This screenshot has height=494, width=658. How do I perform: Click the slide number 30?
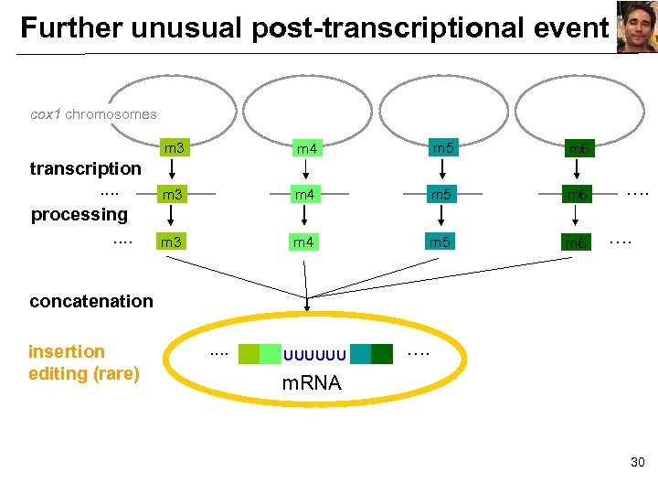[x=637, y=463]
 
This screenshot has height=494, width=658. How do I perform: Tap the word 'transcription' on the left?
[x=85, y=168]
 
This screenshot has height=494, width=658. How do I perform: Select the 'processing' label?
[x=80, y=214]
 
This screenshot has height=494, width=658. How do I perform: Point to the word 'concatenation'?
[x=91, y=301]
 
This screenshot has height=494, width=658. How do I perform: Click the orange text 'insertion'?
[x=67, y=351]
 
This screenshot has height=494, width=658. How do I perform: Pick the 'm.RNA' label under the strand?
[x=312, y=383]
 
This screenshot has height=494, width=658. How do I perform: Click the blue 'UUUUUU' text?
[x=314, y=354]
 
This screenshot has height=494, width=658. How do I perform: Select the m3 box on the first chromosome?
[x=174, y=147]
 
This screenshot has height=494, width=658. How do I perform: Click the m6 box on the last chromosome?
[x=578, y=148]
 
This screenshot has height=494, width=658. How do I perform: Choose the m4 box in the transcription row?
[x=304, y=195]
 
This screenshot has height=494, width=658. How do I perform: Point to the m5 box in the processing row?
[x=442, y=242]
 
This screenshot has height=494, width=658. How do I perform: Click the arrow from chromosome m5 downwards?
[x=442, y=169]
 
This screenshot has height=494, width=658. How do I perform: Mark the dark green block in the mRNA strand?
[x=382, y=354]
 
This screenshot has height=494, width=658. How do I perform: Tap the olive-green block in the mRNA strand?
[x=249, y=354]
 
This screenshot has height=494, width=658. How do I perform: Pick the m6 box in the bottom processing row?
[x=576, y=242]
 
